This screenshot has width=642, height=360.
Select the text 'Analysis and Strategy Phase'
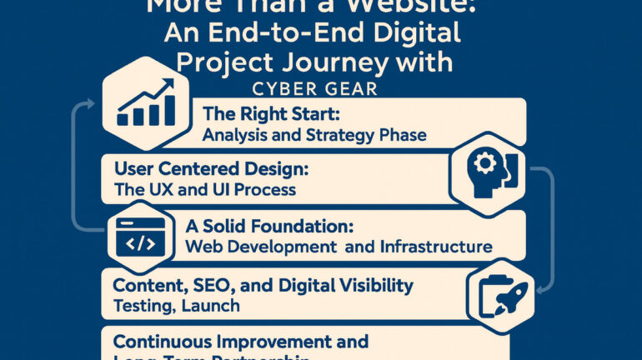pyautogui.click(x=314, y=133)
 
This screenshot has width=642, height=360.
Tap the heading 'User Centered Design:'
pyautogui.click(x=210, y=167)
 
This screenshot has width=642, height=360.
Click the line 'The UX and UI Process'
pyautogui.click(x=204, y=188)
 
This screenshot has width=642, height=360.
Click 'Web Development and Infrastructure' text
pyautogui.click(x=338, y=246)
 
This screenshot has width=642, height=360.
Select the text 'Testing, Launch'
pyautogui.click(x=176, y=306)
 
